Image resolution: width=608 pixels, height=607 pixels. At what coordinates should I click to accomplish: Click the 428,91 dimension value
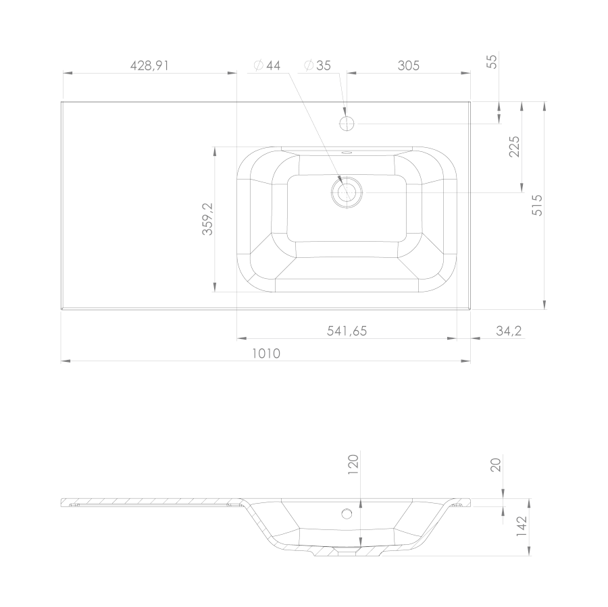click(149, 65)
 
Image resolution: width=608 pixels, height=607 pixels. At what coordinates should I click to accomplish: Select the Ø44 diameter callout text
click(267, 65)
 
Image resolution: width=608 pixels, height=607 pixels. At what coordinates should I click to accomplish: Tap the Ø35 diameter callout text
click(318, 65)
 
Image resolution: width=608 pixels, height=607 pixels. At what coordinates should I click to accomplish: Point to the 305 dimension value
click(408, 65)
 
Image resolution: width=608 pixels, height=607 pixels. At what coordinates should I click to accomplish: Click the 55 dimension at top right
click(492, 61)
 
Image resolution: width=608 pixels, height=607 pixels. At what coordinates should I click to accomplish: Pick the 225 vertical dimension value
click(514, 147)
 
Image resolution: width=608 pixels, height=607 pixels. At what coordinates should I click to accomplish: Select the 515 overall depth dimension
click(537, 205)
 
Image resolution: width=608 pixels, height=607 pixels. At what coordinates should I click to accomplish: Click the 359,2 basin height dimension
click(208, 219)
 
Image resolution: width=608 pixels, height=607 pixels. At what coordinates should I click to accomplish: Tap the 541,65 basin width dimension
click(347, 331)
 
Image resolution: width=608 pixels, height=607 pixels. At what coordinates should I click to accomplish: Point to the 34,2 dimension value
click(509, 331)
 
